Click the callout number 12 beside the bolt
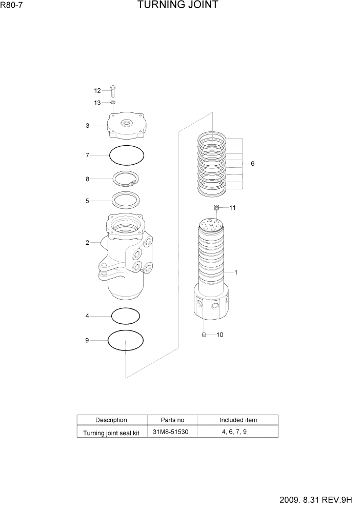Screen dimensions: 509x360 point(97,90)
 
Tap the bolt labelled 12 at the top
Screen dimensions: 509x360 point(113,91)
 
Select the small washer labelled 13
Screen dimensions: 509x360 point(113,103)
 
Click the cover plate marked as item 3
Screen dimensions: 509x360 point(126,126)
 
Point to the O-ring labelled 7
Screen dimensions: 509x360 point(127,154)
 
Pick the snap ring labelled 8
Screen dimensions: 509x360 point(127,179)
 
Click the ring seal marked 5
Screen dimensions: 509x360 point(126,201)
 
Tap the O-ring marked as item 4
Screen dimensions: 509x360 point(126,316)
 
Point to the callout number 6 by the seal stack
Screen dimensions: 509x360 point(252,164)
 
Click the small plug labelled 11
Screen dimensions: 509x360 point(216,207)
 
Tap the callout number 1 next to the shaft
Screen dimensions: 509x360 point(236,272)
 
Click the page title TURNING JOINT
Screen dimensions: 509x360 point(177,6)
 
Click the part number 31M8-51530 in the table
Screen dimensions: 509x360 point(171,432)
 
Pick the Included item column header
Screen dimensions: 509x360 point(238,420)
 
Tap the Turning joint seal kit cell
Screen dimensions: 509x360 point(111,433)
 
